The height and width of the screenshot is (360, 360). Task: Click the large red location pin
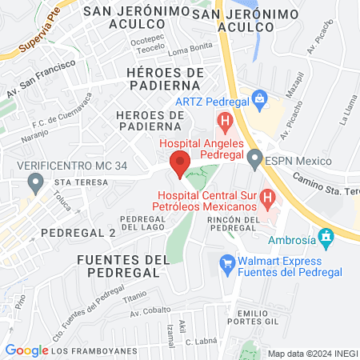pyautogui.click(x=179, y=163)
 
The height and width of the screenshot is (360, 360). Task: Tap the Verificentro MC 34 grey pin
pyautogui.click(x=34, y=183)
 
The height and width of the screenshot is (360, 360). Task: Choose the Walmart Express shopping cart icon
pyautogui.click(x=227, y=262)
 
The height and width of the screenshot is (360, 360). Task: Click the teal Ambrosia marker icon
pyautogui.click(x=325, y=238)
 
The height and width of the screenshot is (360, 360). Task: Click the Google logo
pyautogui.click(x=26, y=350)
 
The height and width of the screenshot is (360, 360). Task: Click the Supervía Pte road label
pyautogui.click(x=38, y=37)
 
